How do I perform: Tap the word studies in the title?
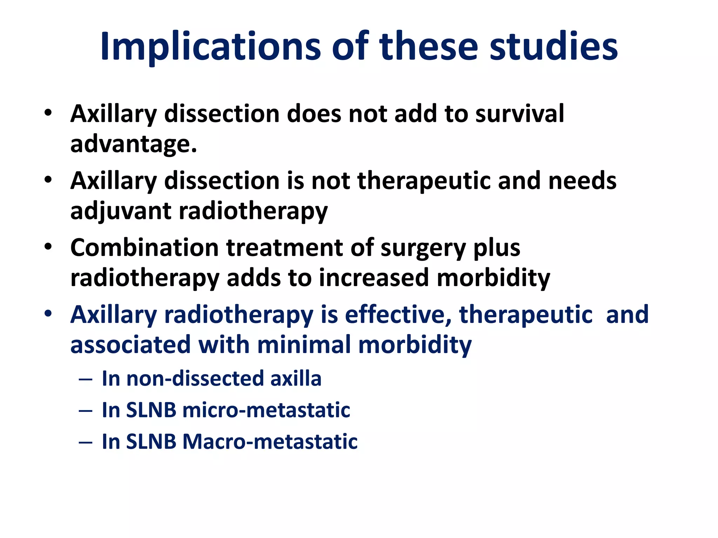[x=554, y=47]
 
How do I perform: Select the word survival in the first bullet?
[x=520, y=114]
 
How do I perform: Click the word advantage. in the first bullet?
[x=134, y=144]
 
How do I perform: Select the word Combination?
[x=144, y=248]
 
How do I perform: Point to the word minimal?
[x=304, y=345]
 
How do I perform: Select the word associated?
[x=130, y=345]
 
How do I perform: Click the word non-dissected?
[x=195, y=379]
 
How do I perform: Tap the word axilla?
[x=296, y=379]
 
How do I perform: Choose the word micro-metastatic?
[x=266, y=410]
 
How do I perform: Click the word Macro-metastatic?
[x=270, y=441]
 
